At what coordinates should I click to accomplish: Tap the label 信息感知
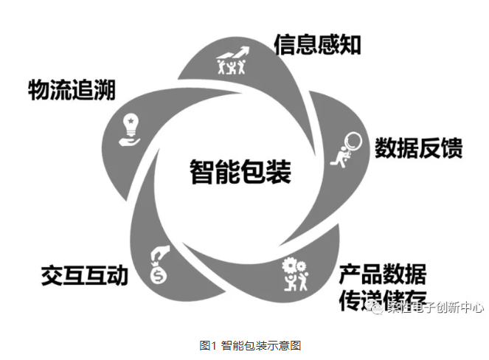tap(317, 45)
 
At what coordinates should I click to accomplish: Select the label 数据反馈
tap(418, 148)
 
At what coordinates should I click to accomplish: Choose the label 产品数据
tap(382, 274)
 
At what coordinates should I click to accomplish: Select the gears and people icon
tap(295, 274)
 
